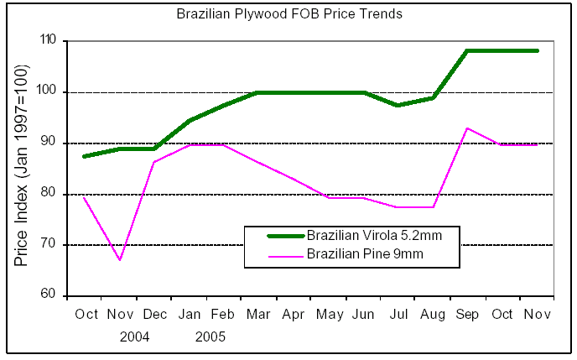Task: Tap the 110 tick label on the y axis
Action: point(48,40)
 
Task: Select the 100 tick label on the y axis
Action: point(48,91)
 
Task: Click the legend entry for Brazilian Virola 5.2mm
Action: point(373,236)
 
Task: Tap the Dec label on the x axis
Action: point(156,315)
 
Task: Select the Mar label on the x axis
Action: point(257,315)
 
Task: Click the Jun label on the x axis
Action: point(362,315)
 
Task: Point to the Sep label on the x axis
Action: point(467,315)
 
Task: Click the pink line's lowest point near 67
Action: point(120,260)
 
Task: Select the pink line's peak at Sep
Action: point(467,128)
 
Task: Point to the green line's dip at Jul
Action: point(398,105)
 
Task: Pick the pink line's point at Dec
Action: point(155,162)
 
